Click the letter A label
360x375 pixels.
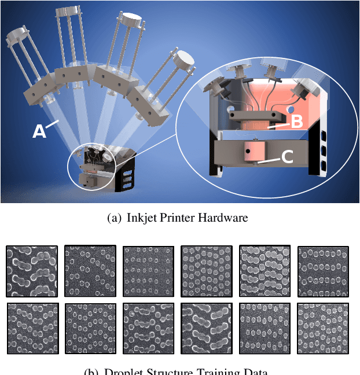tap(39, 131)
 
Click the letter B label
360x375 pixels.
tap(296, 122)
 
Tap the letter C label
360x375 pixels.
tap(287, 156)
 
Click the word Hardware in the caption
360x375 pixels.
tap(225, 218)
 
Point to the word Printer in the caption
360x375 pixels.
tap(182, 218)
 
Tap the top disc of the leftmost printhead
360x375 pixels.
tap(17, 36)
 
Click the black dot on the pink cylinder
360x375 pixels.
tap(247, 152)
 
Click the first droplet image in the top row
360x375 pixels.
tap(32, 271)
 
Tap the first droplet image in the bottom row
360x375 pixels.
tap(32, 328)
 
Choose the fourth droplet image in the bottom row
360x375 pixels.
tap(207, 328)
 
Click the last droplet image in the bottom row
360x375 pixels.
tap(323, 328)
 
